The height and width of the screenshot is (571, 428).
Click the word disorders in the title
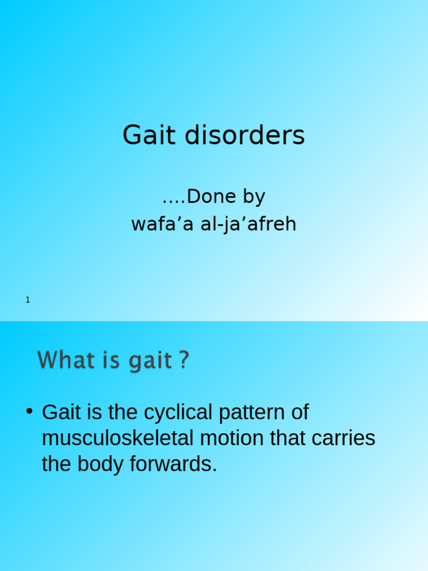[245, 135]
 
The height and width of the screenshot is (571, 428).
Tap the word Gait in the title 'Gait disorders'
[147, 135]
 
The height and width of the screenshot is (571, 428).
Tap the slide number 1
[28, 300]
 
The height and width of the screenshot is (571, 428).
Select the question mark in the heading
[184, 360]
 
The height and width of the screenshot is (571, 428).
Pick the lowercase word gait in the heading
[150, 361]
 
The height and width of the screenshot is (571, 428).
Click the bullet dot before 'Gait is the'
[29, 412]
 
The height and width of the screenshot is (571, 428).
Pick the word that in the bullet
[288, 438]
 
